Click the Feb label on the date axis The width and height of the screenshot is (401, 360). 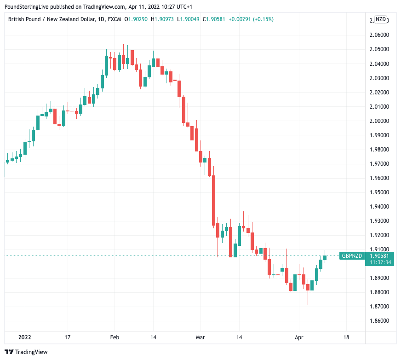(x=115, y=337)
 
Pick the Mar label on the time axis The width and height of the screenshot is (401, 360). (x=200, y=337)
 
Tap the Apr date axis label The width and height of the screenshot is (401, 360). (x=299, y=337)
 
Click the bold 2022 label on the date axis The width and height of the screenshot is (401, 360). (x=24, y=337)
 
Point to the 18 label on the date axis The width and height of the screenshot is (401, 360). (x=346, y=337)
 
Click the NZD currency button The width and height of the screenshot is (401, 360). (x=381, y=19)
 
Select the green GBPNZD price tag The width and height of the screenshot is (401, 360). (x=351, y=256)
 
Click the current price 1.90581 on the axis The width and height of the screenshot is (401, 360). (x=380, y=256)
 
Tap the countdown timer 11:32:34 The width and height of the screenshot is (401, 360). (x=380, y=262)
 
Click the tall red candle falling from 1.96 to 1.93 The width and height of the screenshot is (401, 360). (x=213, y=201)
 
